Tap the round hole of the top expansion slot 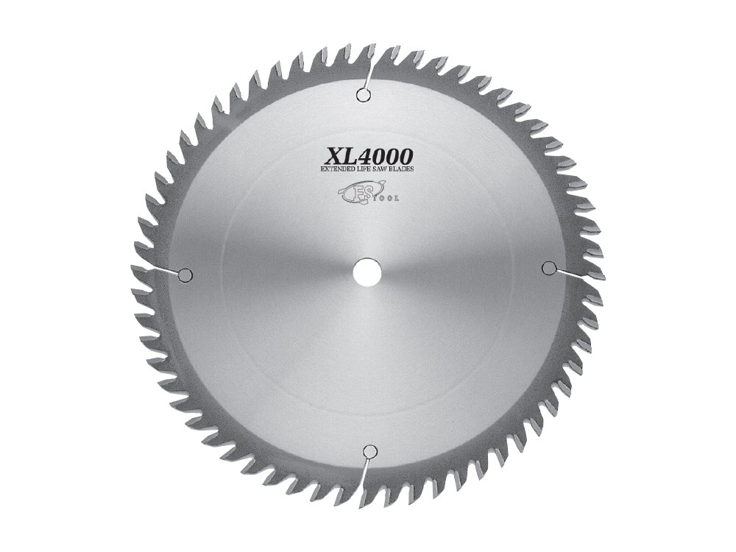coord(361,94)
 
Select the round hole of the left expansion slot coord(185,275)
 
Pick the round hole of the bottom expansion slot coord(370,451)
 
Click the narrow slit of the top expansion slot coord(369,74)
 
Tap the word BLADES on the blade coord(403,170)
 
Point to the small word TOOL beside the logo coord(387,197)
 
